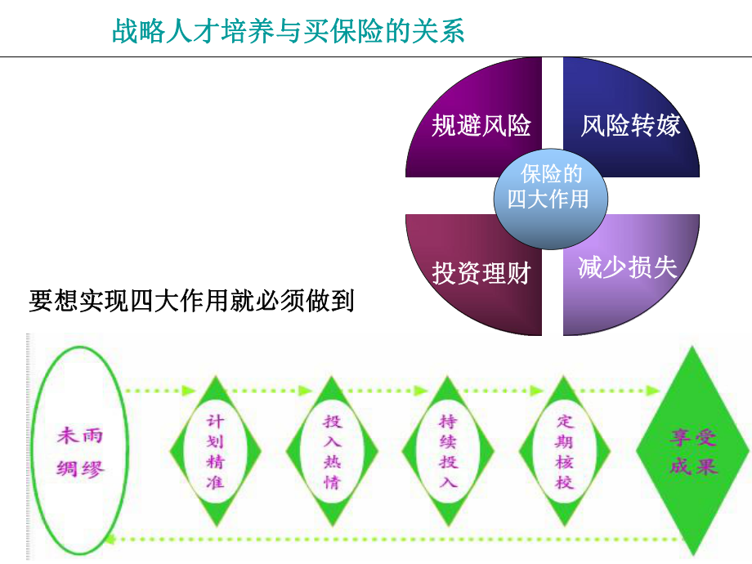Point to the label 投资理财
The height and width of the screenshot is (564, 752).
pos(481,273)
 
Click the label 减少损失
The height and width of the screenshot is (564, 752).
pos(628,268)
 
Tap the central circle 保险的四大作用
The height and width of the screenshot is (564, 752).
pos(548,188)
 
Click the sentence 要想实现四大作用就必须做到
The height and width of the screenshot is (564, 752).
pos(191,301)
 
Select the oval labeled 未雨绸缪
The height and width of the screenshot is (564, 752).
pos(80,451)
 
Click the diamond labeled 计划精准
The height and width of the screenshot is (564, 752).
pos(215,451)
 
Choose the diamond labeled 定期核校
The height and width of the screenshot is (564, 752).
pos(565,451)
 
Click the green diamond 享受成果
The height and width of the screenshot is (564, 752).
pos(693,451)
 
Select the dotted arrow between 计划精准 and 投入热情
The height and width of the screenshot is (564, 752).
pos(274,391)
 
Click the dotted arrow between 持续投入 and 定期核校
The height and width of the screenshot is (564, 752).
pos(507,391)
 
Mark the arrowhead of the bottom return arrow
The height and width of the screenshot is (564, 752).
pos(123,537)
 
